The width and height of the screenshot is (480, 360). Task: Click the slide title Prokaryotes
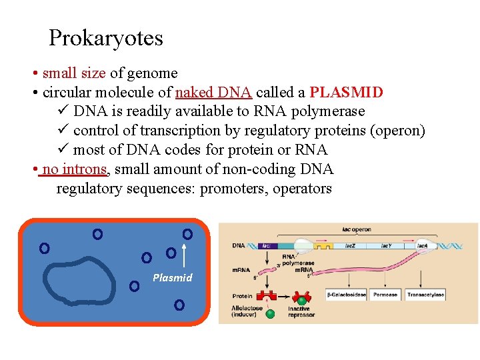click(x=106, y=38)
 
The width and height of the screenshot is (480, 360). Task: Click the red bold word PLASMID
click(x=347, y=92)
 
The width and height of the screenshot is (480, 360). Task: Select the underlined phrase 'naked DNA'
click(x=213, y=92)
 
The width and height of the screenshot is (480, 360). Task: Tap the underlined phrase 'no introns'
click(x=73, y=169)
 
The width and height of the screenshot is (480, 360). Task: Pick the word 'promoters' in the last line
click(x=231, y=189)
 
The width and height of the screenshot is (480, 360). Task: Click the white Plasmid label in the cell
click(x=172, y=278)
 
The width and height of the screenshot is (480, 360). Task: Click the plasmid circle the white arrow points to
click(x=187, y=234)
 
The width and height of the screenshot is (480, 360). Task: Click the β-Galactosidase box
click(x=345, y=295)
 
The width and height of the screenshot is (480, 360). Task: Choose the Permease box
click(x=385, y=295)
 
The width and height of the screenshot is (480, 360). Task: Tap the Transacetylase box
click(x=425, y=295)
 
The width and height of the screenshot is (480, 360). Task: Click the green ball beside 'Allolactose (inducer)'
click(x=270, y=313)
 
